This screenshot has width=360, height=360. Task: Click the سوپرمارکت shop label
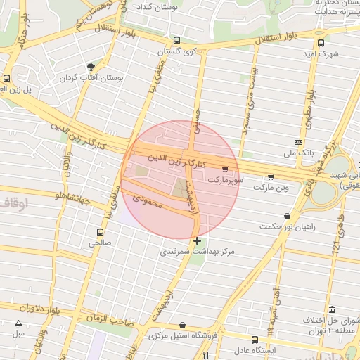(224, 180)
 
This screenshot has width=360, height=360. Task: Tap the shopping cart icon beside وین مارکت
(271, 177)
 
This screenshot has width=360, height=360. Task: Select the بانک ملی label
(298, 152)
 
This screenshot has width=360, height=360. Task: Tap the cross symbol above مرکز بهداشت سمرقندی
(197, 241)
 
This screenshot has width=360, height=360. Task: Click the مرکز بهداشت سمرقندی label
(197, 251)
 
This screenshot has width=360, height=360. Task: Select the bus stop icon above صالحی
(100, 232)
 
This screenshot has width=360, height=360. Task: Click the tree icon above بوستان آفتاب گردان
(91, 67)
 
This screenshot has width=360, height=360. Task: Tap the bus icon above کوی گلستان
(176, 41)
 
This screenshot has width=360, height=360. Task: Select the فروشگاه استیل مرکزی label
(184, 336)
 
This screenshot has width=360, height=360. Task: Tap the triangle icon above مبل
(18, 323)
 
